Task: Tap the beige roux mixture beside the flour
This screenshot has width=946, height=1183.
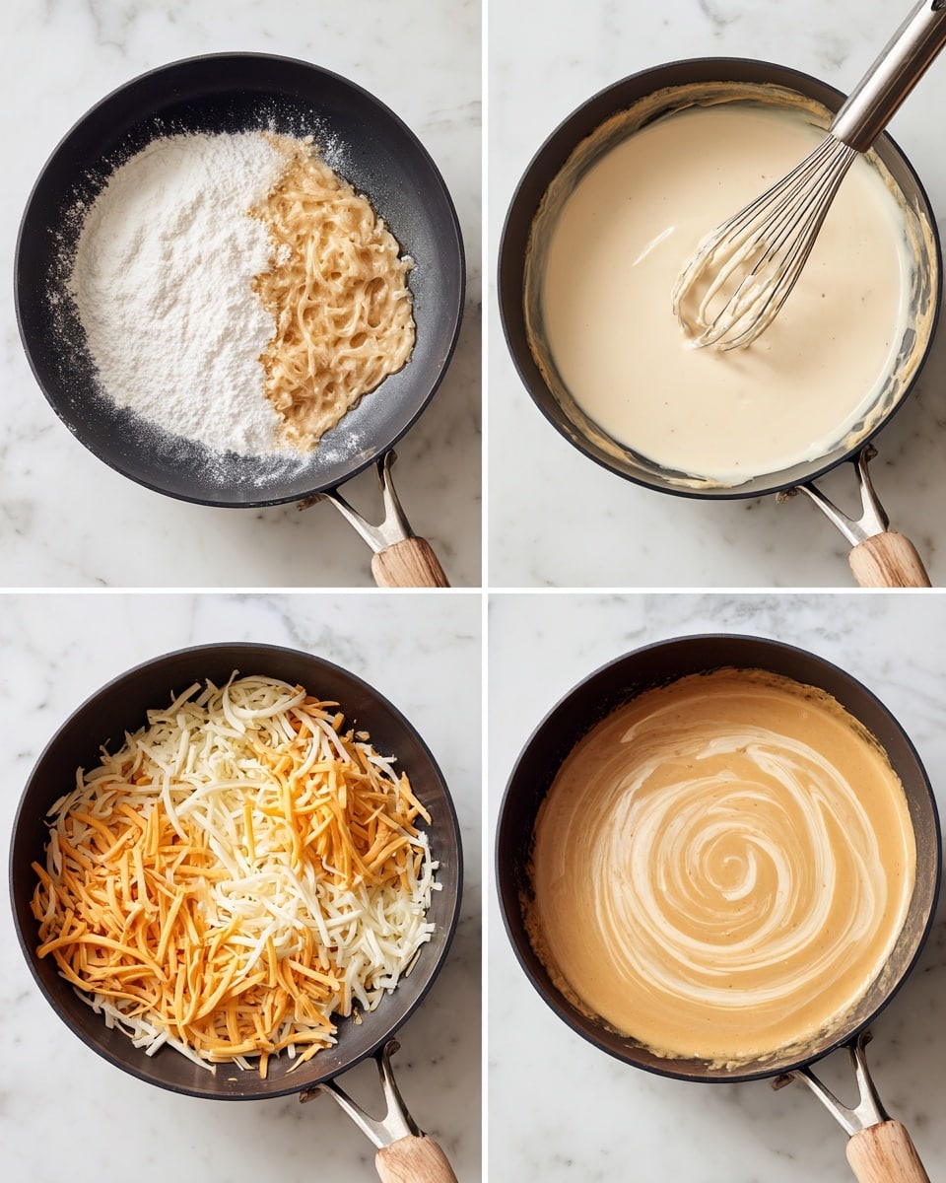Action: click(x=335, y=296)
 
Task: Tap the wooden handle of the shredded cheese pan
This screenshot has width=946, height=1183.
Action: click(x=414, y=1159)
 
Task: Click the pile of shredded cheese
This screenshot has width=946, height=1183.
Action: click(x=236, y=868)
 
